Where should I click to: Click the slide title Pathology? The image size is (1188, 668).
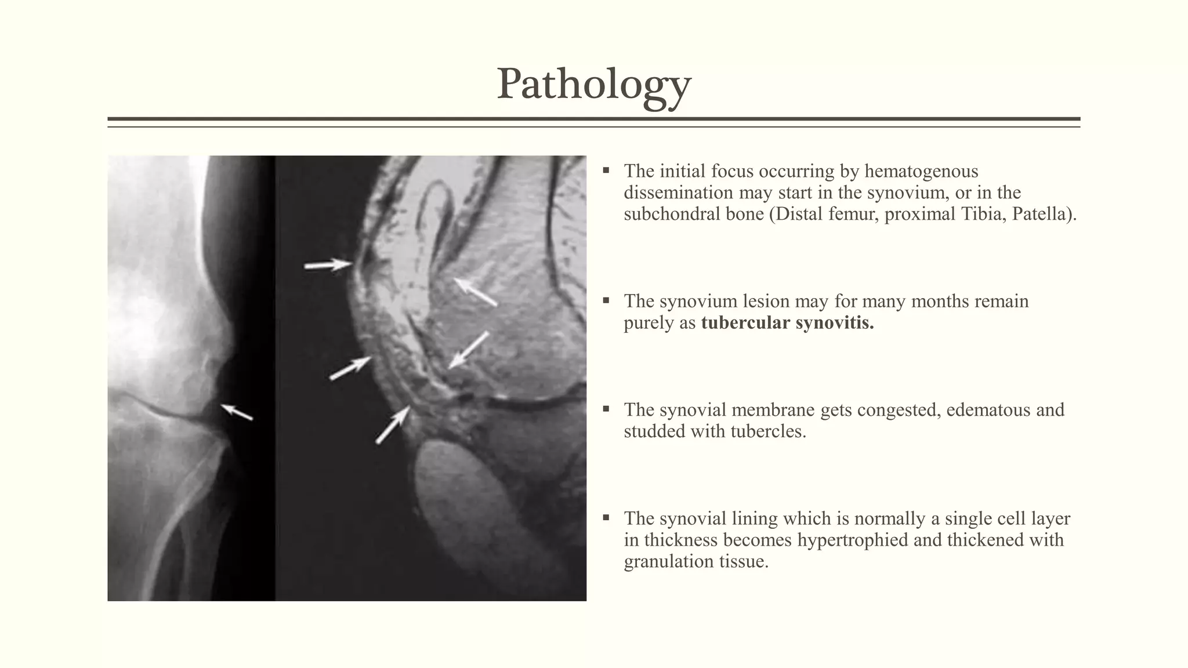(593, 85)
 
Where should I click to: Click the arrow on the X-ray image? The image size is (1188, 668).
(237, 412)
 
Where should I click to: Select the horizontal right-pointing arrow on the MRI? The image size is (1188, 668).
(328, 265)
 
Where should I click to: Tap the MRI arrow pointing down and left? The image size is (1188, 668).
(469, 350)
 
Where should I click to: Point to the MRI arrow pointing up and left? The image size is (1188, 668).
(475, 292)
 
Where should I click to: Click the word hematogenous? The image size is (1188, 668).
(921, 171)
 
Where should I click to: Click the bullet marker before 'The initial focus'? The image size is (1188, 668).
(606, 170)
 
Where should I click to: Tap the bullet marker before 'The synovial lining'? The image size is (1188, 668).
(606, 518)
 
